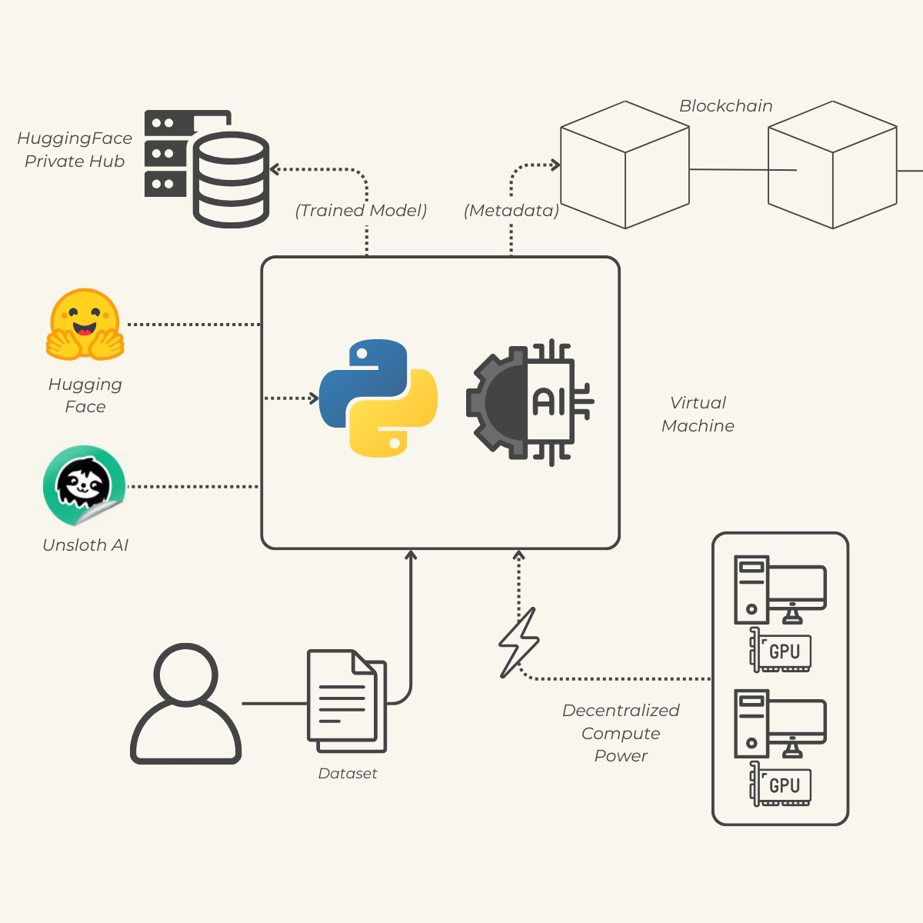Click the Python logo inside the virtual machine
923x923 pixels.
click(x=378, y=398)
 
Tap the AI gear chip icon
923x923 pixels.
click(x=529, y=402)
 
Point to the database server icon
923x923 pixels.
click(x=207, y=168)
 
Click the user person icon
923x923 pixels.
click(x=186, y=703)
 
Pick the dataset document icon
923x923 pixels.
click(x=347, y=701)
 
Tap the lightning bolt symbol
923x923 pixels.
click(x=519, y=643)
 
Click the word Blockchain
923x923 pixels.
click(x=725, y=106)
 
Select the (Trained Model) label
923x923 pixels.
click(x=361, y=211)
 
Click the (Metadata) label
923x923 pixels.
click(x=511, y=211)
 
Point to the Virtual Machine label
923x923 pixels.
click(x=698, y=414)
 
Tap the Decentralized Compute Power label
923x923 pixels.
click(x=621, y=733)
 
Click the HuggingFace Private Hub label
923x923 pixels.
click(x=75, y=150)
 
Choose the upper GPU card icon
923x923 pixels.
click(x=781, y=651)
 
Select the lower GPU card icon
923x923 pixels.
click(x=781, y=785)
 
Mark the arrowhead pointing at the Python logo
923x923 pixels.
click(x=313, y=398)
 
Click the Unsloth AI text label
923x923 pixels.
click(x=85, y=545)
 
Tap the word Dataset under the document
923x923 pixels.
click(x=348, y=774)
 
